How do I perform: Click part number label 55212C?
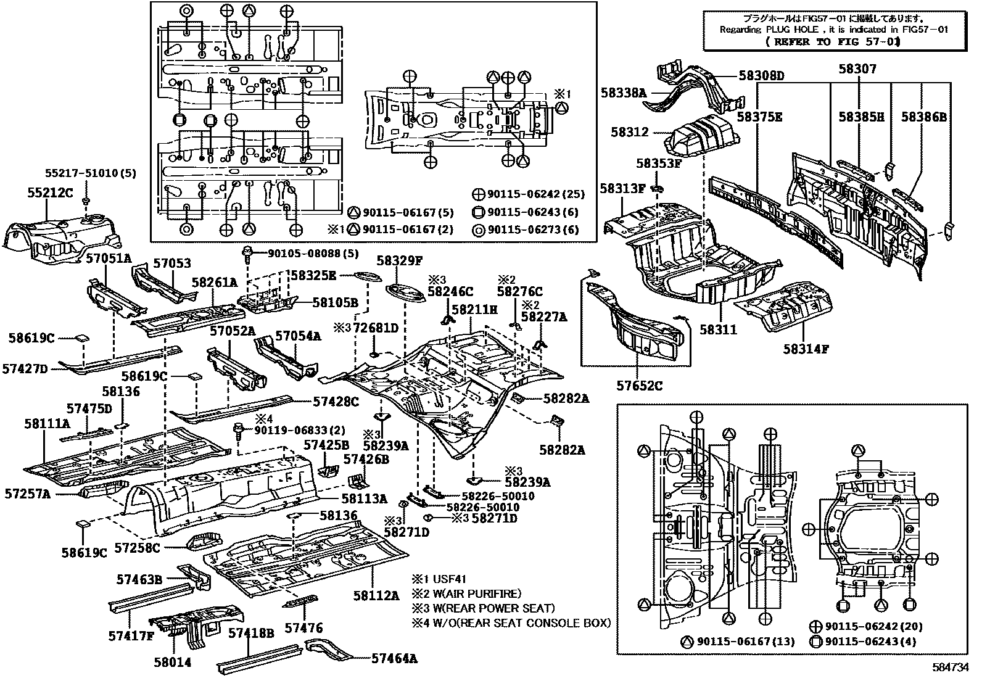pyautogui.click(x=50, y=193)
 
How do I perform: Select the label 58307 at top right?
pyautogui.click(x=857, y=69)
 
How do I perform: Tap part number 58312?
pyautogui.click(x=630, y=132)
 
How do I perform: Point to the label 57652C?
pyautogui.click(x=640, y=386)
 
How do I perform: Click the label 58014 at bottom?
pyautogui.click(x=173, y=663)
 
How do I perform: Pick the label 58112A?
pyautogui.click(x=376, y=595)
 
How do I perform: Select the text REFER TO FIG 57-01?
pyautogui.click(x=832, y=42)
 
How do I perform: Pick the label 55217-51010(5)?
pyautogui.click(x=90, y=174)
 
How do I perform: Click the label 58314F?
pyautogui.click(x=806, y=349)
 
